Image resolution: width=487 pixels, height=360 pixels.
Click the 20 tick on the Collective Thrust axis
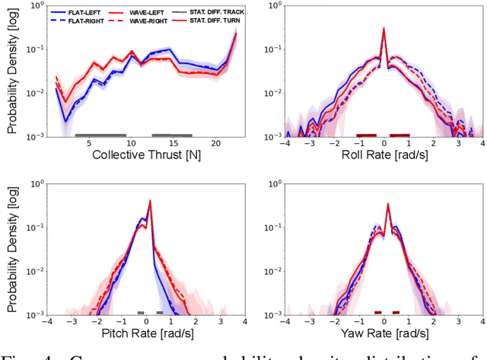click(x=216, y=143)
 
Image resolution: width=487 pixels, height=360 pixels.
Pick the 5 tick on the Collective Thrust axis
click(x=88, y=143)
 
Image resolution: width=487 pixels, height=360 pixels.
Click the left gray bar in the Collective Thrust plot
click(x=100, y=135)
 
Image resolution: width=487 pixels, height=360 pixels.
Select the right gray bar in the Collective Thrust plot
click(x=171, y=135)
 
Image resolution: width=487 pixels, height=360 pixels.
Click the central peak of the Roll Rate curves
click(x=384, y=29)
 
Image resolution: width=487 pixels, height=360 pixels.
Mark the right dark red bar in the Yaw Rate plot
click(x=396, y=312)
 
